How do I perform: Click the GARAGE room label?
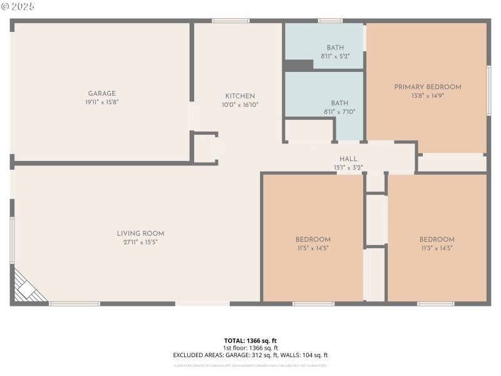tap(101, 93)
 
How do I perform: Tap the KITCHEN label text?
tap(240, 96)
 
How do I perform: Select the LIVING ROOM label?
tap(140, 234)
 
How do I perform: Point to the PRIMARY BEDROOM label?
tap(427, 87)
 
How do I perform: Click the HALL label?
tap(348, 159)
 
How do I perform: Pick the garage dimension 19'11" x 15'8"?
tap(101, 102)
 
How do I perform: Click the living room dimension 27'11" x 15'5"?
tap(140, 242)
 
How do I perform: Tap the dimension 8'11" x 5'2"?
tap(335, 56)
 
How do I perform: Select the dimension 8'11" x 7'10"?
tap(339, 112)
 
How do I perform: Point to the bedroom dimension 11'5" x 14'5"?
tap(312, 248)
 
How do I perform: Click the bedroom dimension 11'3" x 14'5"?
tap(436, 248)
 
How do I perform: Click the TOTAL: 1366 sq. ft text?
tap(250, 341)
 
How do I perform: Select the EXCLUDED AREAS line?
tap(250, 355)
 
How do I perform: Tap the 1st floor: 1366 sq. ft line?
tap(250, 348)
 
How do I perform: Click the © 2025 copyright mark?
tap(18, 6)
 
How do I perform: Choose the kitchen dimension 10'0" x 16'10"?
tap(240, 105)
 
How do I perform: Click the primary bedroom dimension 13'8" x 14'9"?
tap(427, 96)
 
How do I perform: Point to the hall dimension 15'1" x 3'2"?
tap(348, 167)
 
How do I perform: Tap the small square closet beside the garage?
tap(205, 149)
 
